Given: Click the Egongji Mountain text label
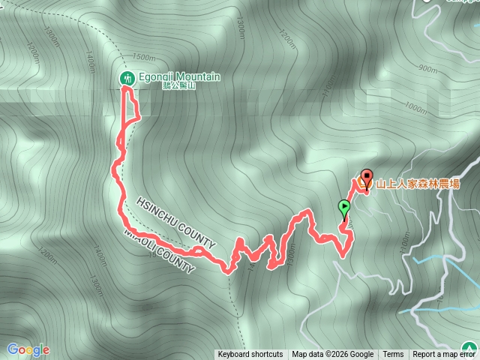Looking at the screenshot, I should click(x=179, y=77).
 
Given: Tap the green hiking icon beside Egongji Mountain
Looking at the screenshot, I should click(x=127, y=78).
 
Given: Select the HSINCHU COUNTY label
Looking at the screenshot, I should click(x=177, y=224).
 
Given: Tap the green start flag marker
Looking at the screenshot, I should click(x=344, y=208).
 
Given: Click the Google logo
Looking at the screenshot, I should click(x=28, y=349).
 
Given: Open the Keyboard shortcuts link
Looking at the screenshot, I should click(x=250, y=355).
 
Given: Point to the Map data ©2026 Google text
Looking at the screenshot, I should click(x=333, y=355).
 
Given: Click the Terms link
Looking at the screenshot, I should click(x=393, y=355).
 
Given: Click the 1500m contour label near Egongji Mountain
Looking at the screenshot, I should click(x=143, y=57).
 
